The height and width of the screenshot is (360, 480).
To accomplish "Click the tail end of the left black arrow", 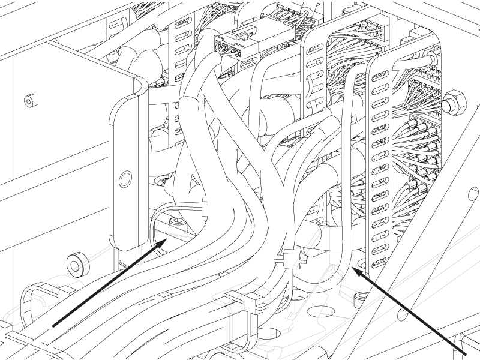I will click(x=54, y=326).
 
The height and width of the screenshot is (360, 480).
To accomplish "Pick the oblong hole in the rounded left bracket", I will click(x=125, y=178).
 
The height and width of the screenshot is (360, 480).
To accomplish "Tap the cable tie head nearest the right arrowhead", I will click(x=290, y=258).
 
